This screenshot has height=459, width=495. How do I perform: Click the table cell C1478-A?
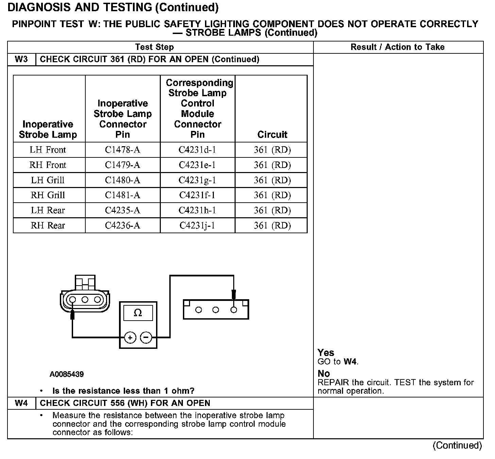coord(122,150)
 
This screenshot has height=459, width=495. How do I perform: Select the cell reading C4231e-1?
coord(197,165)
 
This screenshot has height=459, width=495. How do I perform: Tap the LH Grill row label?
coord(48,180)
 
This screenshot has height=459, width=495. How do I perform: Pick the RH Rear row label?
coord(48,225)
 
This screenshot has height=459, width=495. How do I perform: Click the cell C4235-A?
coord(122,210)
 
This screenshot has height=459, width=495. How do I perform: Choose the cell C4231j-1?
coord(197,225)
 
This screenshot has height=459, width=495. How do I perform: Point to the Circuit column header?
coord(272,135)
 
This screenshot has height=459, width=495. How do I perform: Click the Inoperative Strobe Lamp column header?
coord(48,129)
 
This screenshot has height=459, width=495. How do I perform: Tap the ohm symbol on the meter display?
coord(138,313)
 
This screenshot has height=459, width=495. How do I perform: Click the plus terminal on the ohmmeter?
coord(130,338)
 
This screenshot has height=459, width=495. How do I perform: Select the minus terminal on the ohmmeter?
coord(146,338)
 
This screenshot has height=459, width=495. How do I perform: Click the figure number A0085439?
coord(67,374)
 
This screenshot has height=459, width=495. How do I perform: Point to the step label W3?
coord(21,60)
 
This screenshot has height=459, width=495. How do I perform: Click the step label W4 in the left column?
coord(21,403)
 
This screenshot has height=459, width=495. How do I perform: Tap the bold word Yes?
coord(326,353)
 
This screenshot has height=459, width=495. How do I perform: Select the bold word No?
coord(324,374)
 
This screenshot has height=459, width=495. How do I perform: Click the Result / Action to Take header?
coord(397,47)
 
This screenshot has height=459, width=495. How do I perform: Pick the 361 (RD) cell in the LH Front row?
coord(272,150)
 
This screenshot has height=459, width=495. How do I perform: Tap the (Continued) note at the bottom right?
coord(457,445)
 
